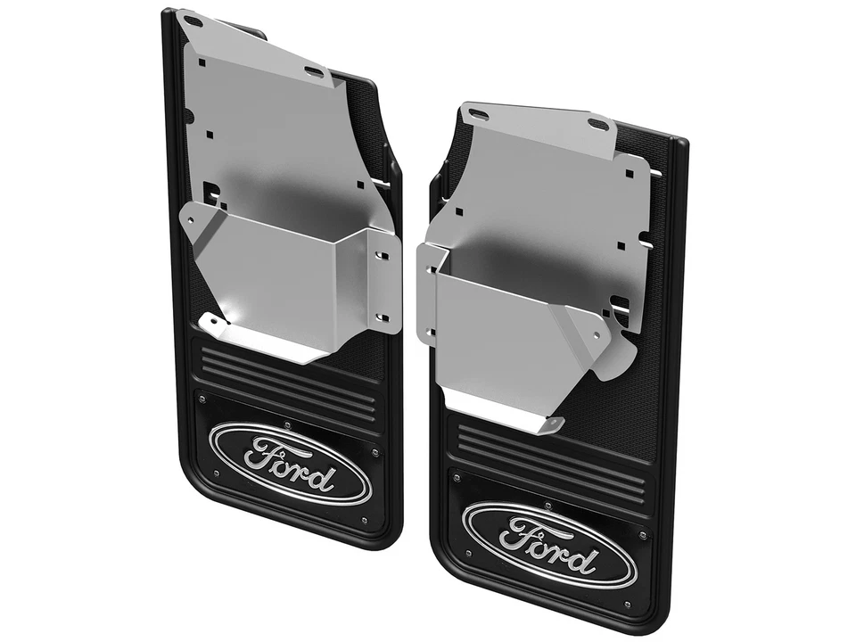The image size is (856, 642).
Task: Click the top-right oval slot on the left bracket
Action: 315,70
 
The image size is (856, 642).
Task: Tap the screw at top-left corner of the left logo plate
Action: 202,399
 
